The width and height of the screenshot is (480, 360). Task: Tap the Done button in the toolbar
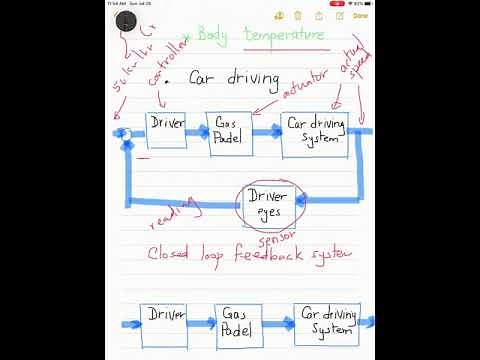point(360,16)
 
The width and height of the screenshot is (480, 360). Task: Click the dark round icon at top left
point(126,20)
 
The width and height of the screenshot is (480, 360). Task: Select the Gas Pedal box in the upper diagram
point(226,131)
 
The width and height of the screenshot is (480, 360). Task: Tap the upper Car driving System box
point(315,134)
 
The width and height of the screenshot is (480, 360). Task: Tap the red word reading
point(172,213)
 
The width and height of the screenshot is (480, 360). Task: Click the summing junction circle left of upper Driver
point(125,133)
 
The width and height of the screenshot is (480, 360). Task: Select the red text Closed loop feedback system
point(250,255)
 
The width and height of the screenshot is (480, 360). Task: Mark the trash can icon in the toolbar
point(318,16)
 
